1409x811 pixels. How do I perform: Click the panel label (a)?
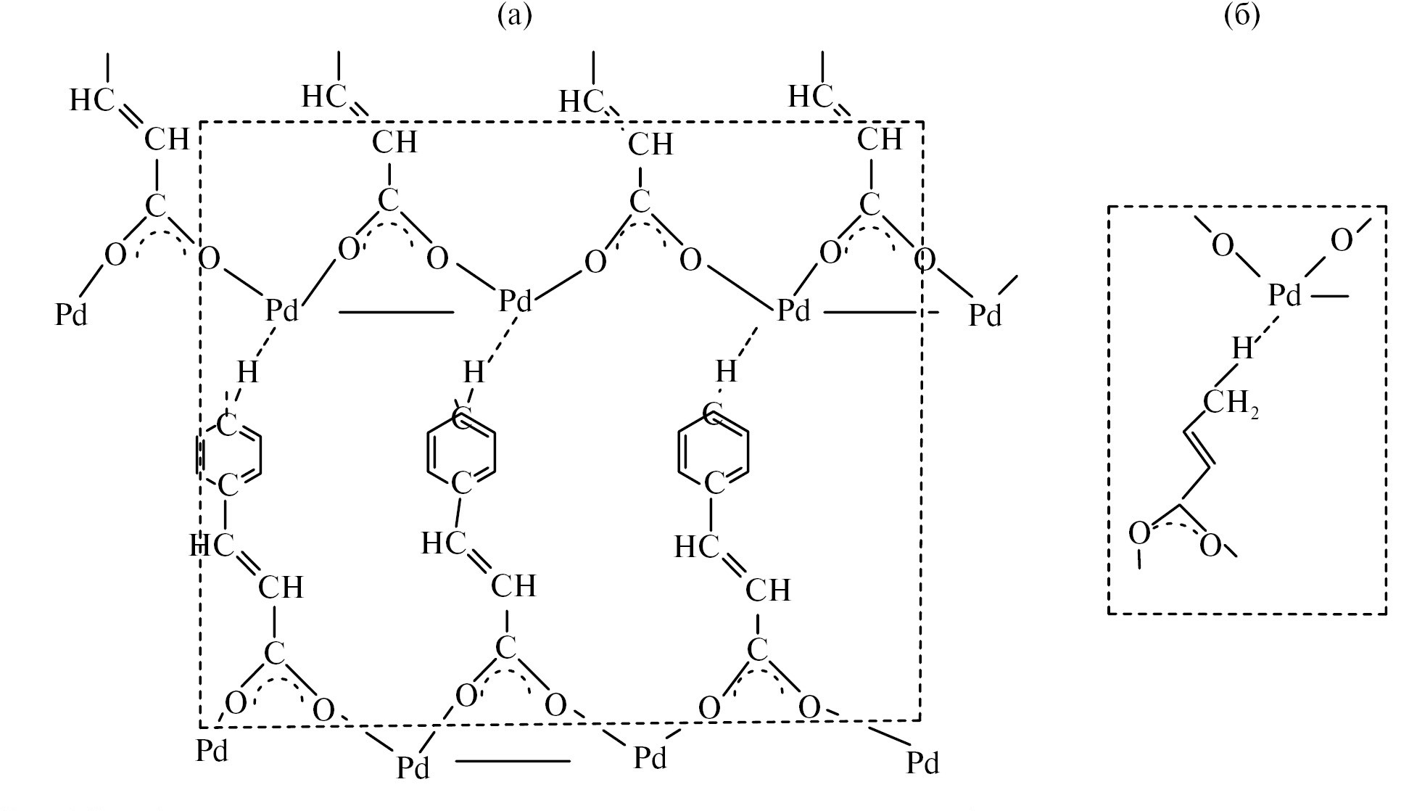coord(514,15)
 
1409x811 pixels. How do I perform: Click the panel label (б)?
coord(1241,15)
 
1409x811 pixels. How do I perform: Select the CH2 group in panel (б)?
coord(1231,403)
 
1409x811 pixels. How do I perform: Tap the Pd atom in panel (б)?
coord(1285,296)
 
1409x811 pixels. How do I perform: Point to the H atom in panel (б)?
coord(1242,349)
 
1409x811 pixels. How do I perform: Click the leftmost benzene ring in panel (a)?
coord(228,456)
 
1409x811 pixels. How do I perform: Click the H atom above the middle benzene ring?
coord(474,373)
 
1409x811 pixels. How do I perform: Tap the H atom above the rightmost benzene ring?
coord(726,371)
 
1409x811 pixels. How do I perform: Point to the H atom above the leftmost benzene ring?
coord(247,372)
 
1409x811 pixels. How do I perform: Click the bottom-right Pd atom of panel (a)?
coord(922,762)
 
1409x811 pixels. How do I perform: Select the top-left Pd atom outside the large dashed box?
coord(71,315)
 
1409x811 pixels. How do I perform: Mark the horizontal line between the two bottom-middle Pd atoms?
coord(513,761)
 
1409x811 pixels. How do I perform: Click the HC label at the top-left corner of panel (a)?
coord(91,101)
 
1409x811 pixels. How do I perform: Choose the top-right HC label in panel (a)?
coord(810,96)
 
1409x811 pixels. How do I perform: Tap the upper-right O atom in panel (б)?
coord(1342,241)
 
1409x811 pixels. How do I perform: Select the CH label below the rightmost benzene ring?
coord(768,590)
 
